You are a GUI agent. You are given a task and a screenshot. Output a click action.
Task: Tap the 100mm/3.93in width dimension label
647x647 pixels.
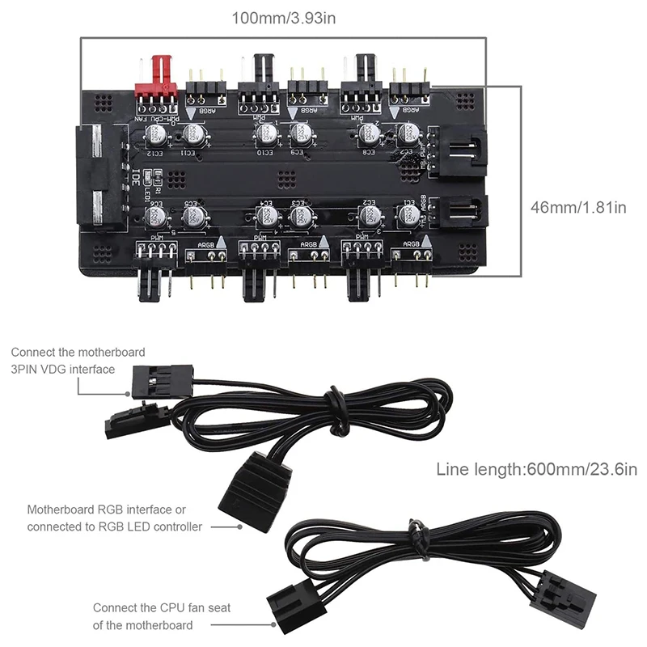[x=284, y=17]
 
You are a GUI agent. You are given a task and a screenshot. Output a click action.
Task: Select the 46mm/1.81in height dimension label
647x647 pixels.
[x=578, y=207]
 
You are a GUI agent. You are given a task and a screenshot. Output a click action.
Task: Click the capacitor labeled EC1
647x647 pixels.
[x=408, y=214]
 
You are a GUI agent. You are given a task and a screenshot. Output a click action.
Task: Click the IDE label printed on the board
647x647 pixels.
[x=136, y=176]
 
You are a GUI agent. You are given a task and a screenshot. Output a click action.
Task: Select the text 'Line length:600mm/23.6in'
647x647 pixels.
[x=537, y=469]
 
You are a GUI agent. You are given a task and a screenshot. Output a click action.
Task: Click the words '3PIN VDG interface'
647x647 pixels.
[x=63, y=369]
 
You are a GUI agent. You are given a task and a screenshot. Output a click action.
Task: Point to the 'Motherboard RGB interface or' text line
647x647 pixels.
[x=106, y=510]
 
